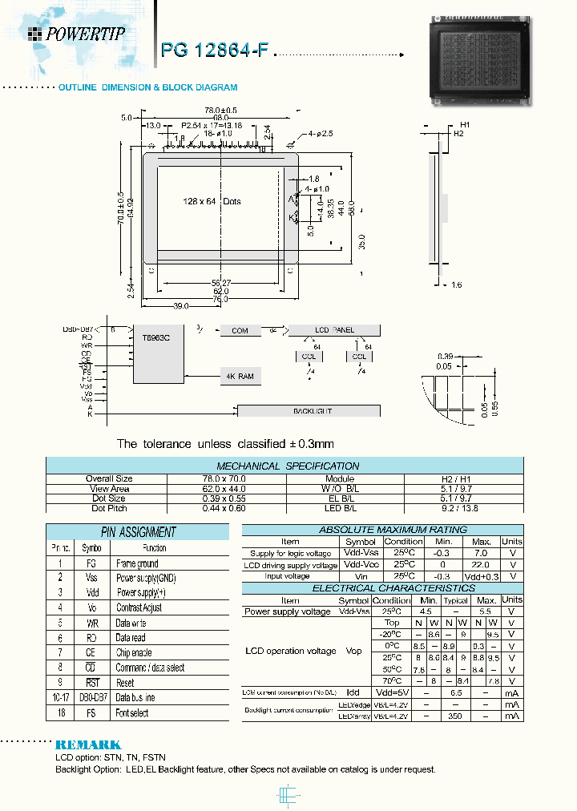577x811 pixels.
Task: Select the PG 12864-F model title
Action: click(214, 50)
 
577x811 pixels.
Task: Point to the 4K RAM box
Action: click(240, 376)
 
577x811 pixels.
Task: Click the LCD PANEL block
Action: click(333, 330)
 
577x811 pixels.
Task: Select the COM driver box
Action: click(240, 330)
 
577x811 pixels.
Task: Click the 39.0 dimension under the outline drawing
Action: click(180, 306)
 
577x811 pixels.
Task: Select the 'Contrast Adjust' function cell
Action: click(139, 607)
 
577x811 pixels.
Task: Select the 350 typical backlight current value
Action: click(455, 716)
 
